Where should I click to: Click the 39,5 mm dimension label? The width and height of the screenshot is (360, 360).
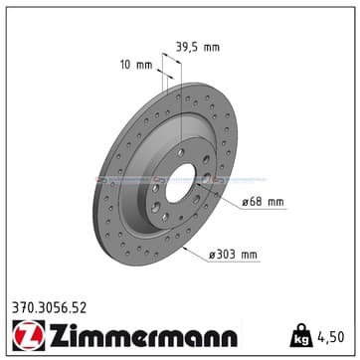point(197,48)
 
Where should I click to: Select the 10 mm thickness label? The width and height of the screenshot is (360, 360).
point(136,65)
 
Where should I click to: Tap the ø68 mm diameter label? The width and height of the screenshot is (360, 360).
point(263,202)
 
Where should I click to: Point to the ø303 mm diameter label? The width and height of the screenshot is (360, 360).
point(233,255)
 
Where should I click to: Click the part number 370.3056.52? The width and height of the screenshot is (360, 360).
point(50,308)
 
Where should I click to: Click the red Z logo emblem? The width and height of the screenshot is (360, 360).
point(29,335)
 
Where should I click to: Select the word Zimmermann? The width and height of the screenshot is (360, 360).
point(143,335)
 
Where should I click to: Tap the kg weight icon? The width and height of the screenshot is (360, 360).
point(301,335)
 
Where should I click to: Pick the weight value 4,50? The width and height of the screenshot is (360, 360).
point(331,337)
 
